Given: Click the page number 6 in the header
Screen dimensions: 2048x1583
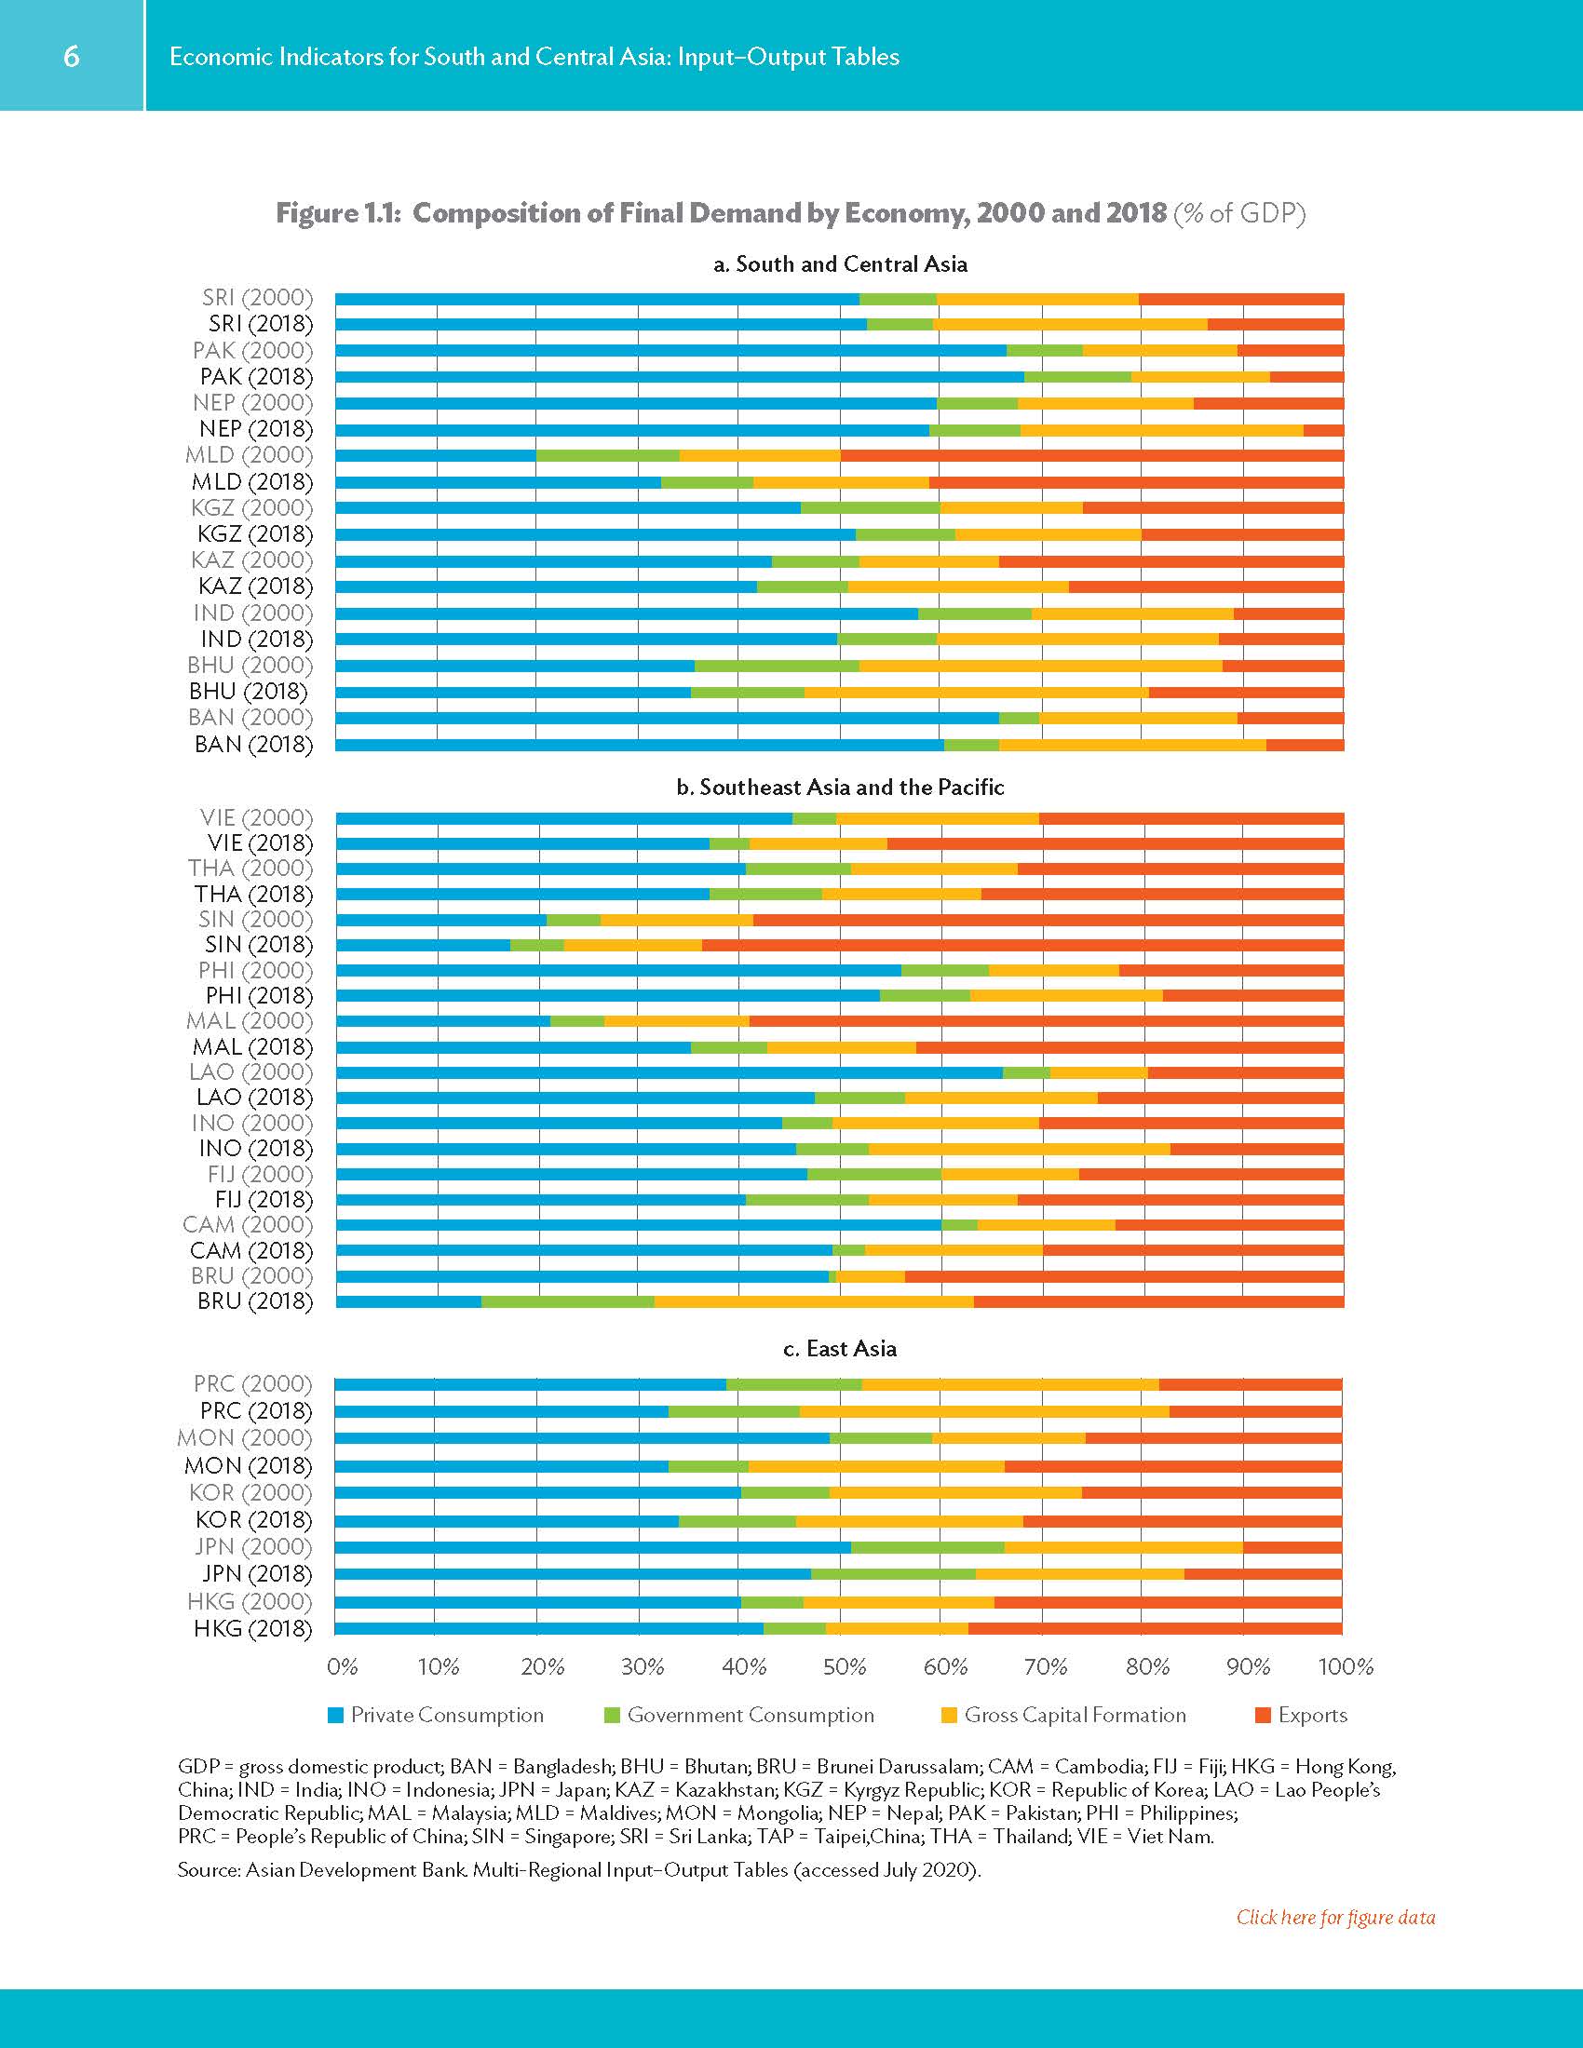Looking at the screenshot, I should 72,56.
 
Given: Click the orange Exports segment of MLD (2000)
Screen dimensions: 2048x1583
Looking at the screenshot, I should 1091,456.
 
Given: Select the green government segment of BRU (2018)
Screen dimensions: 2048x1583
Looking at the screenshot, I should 567,1300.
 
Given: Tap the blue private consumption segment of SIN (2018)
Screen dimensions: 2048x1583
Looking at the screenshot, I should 422,945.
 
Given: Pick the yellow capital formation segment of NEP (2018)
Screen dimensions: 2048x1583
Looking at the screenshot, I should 1161,429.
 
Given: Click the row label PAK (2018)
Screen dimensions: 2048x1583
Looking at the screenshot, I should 256,376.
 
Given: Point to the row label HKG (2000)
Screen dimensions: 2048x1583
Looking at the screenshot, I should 250,1601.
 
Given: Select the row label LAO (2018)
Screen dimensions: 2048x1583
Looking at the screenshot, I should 253,1098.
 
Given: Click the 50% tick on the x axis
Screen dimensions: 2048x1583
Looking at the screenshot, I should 844,1666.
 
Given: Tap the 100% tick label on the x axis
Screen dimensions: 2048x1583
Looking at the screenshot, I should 1345,1666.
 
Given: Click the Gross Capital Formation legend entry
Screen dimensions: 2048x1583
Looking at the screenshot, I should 1074,1715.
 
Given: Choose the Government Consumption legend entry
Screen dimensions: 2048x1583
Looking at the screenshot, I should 750,1715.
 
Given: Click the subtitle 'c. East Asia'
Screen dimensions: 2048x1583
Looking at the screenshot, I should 839,1349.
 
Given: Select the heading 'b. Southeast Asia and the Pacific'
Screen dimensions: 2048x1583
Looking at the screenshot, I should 839,787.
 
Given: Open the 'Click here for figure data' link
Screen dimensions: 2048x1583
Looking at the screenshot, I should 1334,1917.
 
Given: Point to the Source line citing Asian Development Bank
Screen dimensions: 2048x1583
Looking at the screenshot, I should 578,1870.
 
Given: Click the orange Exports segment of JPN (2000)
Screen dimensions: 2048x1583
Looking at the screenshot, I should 1292,1546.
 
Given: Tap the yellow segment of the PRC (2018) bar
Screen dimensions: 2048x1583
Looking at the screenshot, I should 983,1411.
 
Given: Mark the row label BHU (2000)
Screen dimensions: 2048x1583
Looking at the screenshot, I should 250,665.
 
